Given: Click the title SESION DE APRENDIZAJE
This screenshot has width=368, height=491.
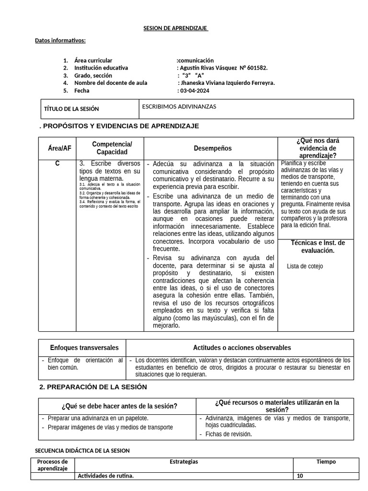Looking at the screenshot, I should (175, 28).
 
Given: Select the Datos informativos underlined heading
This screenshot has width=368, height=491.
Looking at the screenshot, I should (60, 40).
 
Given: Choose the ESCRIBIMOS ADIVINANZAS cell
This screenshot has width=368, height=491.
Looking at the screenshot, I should (179, 106).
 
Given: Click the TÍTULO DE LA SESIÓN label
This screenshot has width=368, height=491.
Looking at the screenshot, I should (71, 109).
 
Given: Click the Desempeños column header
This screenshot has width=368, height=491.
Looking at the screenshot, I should (212, 149).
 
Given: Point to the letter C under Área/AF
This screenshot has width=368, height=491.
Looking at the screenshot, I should (57, 164).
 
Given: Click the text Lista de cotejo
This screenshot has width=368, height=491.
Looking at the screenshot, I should (305, 266).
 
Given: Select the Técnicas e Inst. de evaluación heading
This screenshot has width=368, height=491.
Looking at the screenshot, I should (317, 246).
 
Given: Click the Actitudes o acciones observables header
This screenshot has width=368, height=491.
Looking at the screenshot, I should (242, 348).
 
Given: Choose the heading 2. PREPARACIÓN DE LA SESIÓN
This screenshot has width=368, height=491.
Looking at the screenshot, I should (93, 387).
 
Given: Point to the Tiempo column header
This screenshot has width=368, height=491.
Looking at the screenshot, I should (326, 462).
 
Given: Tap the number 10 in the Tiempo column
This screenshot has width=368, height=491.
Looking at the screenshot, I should (300, 476).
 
